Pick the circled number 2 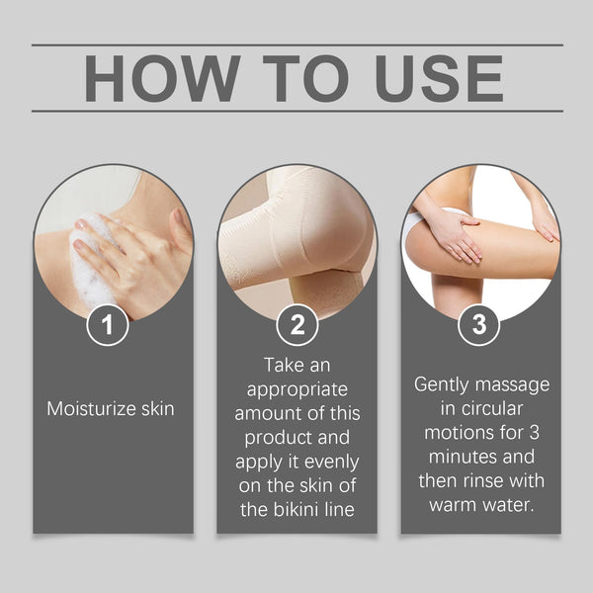[x=296, y=325]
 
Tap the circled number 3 [x=479, y=325]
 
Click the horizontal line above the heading [x=296, y=44]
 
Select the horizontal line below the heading [x=296, y=111]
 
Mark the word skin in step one [x=154, y=408]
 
